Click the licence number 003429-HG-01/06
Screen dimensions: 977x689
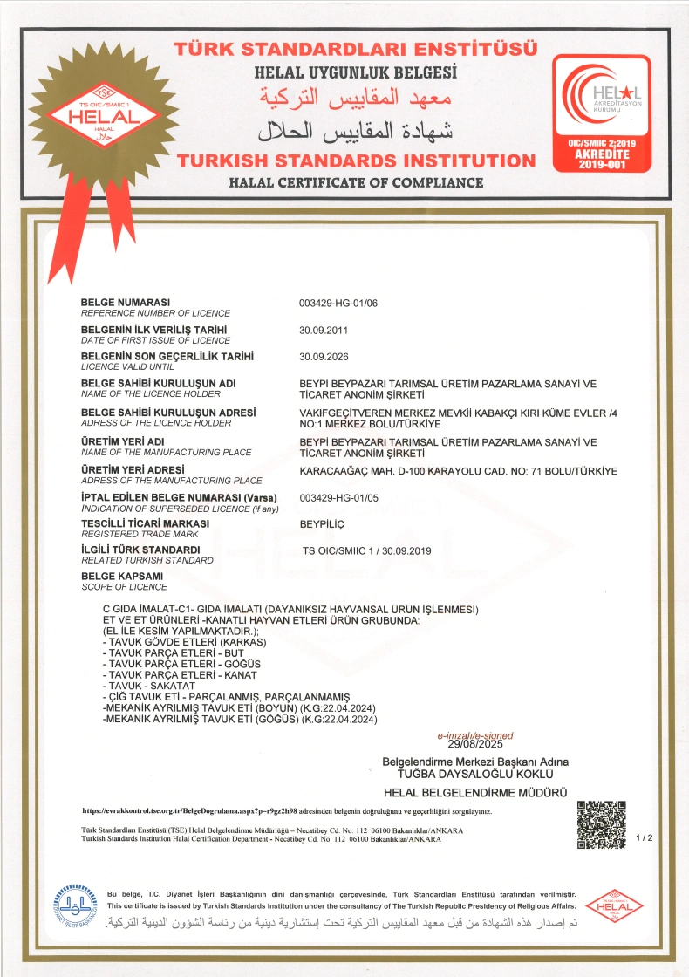point(338,303)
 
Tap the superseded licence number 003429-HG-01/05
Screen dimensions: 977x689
point(338,497)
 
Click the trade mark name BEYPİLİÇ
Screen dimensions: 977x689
point(323,523)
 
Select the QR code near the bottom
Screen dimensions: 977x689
point(602,825)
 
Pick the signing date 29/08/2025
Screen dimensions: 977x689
point(475,745)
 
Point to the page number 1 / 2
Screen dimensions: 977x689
point(645,838)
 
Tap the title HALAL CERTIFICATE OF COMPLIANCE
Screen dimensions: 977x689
point(356,182)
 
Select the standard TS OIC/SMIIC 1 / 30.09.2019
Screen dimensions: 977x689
point(367,550)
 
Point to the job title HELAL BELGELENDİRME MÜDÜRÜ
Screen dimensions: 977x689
point(475,792)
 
